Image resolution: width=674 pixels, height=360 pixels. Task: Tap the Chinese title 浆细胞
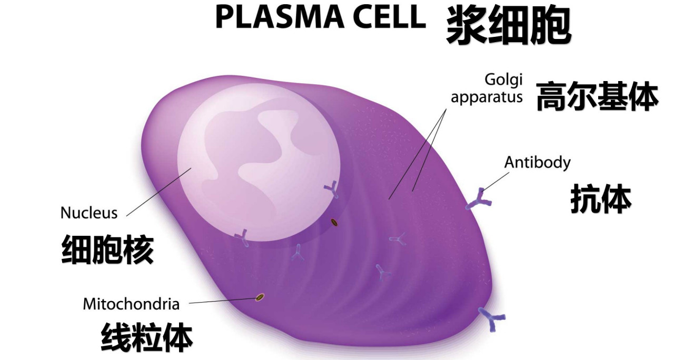pyautogui.click(x=509, y=26)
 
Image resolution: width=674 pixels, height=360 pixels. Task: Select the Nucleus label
pyautogui.click(x=89, y=213)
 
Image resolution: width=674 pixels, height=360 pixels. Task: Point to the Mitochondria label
pyautogui.click(x=131, y=304)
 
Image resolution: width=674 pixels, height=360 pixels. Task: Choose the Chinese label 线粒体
pyautogui.click(x=146, y=337)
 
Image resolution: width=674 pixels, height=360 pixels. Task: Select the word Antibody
pyautogui.click(x=537, y=162)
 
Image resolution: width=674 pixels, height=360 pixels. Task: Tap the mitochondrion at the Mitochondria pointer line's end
pyautogui.click(x=260, y=298)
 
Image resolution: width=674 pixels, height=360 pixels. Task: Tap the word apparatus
pyautogui.click(x=487, y=97)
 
